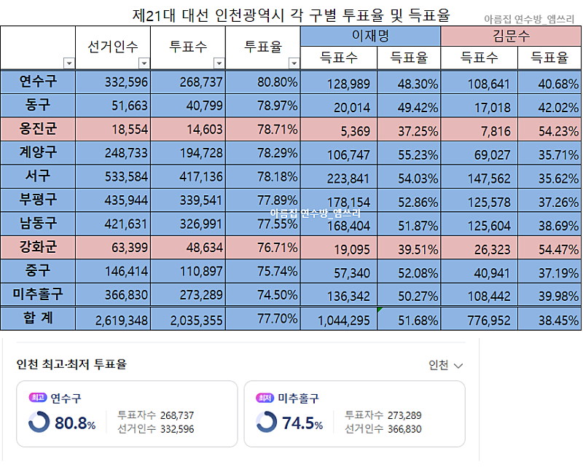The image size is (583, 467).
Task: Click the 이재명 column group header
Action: [370, 36]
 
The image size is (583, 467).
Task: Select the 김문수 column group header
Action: [511, 36]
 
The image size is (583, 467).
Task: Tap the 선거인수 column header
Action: [113, 47]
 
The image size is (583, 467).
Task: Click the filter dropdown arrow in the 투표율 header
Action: [294, 63]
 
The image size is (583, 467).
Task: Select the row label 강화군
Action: [37, 247]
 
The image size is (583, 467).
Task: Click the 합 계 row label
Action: [37, 318]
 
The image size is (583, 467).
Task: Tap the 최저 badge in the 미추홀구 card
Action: [264, 398]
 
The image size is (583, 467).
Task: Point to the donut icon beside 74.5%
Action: [267, 422]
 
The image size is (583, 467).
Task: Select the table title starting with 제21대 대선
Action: [291, 15]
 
